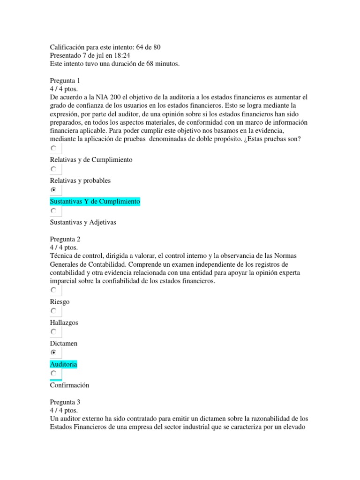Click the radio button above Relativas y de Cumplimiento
54,149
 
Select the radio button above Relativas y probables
54,169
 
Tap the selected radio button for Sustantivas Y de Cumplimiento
54,190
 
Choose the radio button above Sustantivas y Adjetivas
54,211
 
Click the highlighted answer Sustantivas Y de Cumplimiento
95,201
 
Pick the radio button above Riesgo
54,290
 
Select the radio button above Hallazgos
54,311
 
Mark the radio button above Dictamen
54,332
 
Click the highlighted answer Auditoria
63,364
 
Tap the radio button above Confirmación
54,373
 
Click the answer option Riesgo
60,302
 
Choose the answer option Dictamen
63,344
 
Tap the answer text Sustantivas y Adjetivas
82,222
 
